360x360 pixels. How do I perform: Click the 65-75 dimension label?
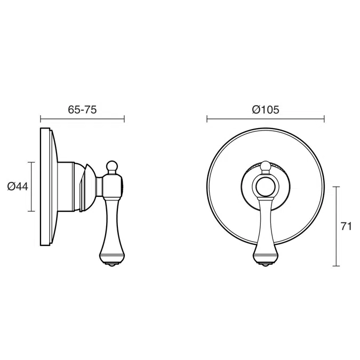[x=82, y=109]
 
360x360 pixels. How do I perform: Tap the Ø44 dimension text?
[x=18, y=186]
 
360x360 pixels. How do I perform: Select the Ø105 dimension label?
[x=265, y=109]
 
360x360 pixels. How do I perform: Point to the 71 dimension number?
[x=346, y=226]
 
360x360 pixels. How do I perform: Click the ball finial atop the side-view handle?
[x=112, y=165]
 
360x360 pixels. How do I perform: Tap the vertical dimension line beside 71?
[x=336, y=226]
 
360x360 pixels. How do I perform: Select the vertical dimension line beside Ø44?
[x=32, y=186]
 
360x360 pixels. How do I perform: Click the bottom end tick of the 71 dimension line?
[x=336, y=266]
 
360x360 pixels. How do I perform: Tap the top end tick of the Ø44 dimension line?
[x=32, y=162]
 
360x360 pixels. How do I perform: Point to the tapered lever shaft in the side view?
[x=112, y=224]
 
